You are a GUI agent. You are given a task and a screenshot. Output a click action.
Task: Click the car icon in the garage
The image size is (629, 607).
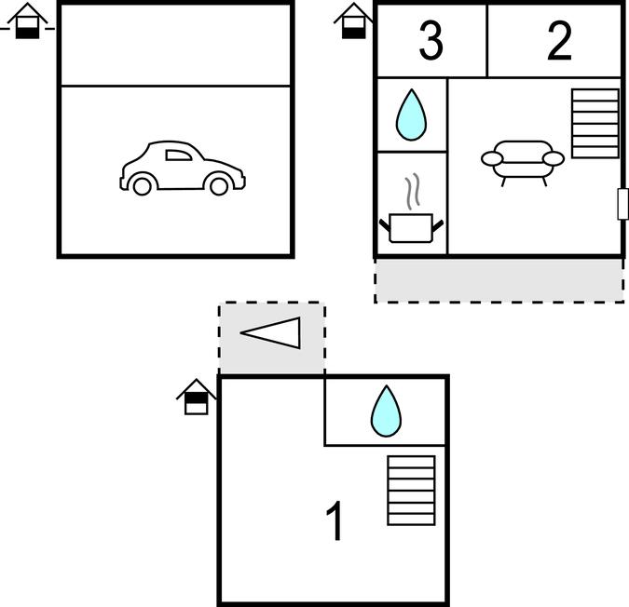(x=183, y=168)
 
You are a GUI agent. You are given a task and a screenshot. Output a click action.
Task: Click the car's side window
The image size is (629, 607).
(x=179, y=155)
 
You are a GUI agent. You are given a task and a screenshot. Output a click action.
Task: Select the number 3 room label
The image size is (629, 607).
(x=431, y=41)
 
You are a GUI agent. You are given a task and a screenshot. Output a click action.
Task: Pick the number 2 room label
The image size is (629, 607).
(x=559, y=41)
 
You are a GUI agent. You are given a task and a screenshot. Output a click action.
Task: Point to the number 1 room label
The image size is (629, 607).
(x=335, y=520)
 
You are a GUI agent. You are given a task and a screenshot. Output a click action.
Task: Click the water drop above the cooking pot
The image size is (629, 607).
(x=411, y=115)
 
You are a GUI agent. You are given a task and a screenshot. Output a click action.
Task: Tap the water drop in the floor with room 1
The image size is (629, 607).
(x=386, y=411)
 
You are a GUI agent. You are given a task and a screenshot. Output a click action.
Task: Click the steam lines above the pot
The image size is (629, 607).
(x=413, y=192)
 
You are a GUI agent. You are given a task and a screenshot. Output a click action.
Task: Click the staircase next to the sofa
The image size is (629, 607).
(x=595, y=124)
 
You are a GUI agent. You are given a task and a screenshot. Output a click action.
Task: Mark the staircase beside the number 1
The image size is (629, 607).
(x=411, y=491)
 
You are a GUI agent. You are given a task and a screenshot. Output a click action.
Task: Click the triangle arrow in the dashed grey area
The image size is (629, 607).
(x=270, y=333)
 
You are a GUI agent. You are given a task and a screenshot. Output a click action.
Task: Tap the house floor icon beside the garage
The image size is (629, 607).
(x=27, y=20)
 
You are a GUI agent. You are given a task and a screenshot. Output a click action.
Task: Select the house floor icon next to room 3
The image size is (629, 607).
(x=353, y=20)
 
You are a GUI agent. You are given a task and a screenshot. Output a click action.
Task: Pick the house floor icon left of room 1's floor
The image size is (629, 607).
(x=197, y=397)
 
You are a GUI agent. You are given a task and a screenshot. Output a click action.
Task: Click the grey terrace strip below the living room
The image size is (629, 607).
(x=499, y=280)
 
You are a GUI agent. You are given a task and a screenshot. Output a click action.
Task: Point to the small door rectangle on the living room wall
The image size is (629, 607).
(x=622, y=204)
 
